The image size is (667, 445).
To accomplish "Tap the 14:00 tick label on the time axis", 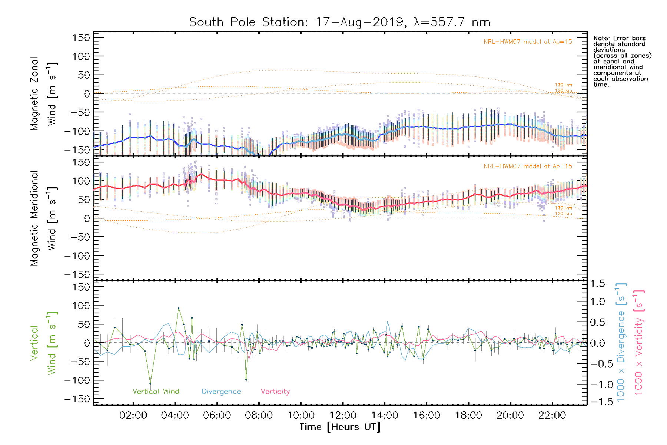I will tap(385, 415).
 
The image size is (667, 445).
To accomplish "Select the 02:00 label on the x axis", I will tap(133, 415).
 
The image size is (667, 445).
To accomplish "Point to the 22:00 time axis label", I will tap(552, 415).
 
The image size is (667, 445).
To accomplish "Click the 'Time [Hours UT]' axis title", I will tap(340, 427).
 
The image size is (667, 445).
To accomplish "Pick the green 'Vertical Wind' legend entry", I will tap(156, 392).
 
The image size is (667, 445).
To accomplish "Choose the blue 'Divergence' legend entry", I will tap(221, 392).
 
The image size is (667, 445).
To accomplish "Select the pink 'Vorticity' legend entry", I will tap(275, 392).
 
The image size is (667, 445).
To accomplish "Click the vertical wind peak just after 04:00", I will tap(179, 308).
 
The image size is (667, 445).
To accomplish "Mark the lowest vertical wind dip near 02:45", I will tap(150, 384).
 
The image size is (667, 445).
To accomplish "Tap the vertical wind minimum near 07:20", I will tap(246, 380).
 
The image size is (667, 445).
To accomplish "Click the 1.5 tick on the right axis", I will tap(597, 284).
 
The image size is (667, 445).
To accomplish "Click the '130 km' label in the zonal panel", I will tap(563, 85).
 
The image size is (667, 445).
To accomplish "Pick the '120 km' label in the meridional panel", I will tap(563, 214).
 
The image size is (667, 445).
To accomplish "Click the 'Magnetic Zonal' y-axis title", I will tap(34, 94).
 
